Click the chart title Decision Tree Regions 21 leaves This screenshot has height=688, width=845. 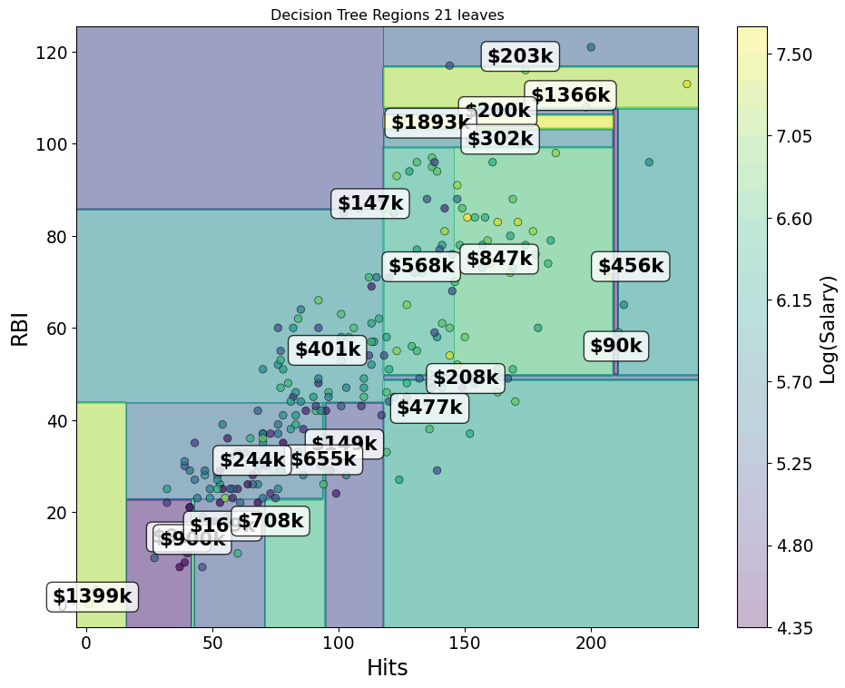[387, 15]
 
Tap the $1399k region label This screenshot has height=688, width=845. [92, 596]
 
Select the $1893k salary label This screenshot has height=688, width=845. [429, 123]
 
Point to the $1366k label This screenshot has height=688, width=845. [570, 95]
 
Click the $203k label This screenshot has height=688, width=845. [519, 56]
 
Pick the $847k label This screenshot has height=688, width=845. [499, 259]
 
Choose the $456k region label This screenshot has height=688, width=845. [630, 266]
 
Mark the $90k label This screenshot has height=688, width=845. [615, 345]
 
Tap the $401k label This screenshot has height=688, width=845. [328, 349]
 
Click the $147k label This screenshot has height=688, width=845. [369, 203]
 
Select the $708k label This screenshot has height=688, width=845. [270, 521]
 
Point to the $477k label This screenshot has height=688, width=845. [429, 408]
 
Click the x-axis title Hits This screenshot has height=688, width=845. [387, 668]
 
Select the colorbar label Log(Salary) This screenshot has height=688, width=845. [828, 328]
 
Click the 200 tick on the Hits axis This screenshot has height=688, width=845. [591, 644]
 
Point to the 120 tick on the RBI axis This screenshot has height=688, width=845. [52, 53]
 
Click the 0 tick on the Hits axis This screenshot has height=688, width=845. [86, 644]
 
